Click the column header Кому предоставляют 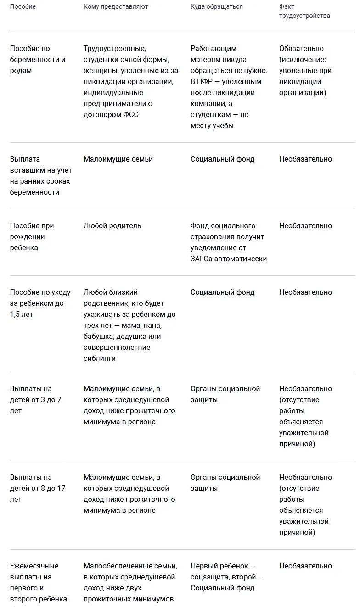[116, 7]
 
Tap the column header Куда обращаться [217, 7]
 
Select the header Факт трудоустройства [304, 11]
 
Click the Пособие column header [23, 7]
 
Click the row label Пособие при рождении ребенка [32, 237]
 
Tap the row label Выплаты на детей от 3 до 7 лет [35, 399]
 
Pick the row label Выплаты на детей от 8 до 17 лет [38, 488]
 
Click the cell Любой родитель [112, 226]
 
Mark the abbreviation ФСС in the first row [130, 115]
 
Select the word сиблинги [100, 359]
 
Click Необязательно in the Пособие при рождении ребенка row [305, 226]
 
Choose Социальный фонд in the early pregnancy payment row [222, 159]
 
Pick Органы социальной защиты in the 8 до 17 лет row [225, 483]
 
